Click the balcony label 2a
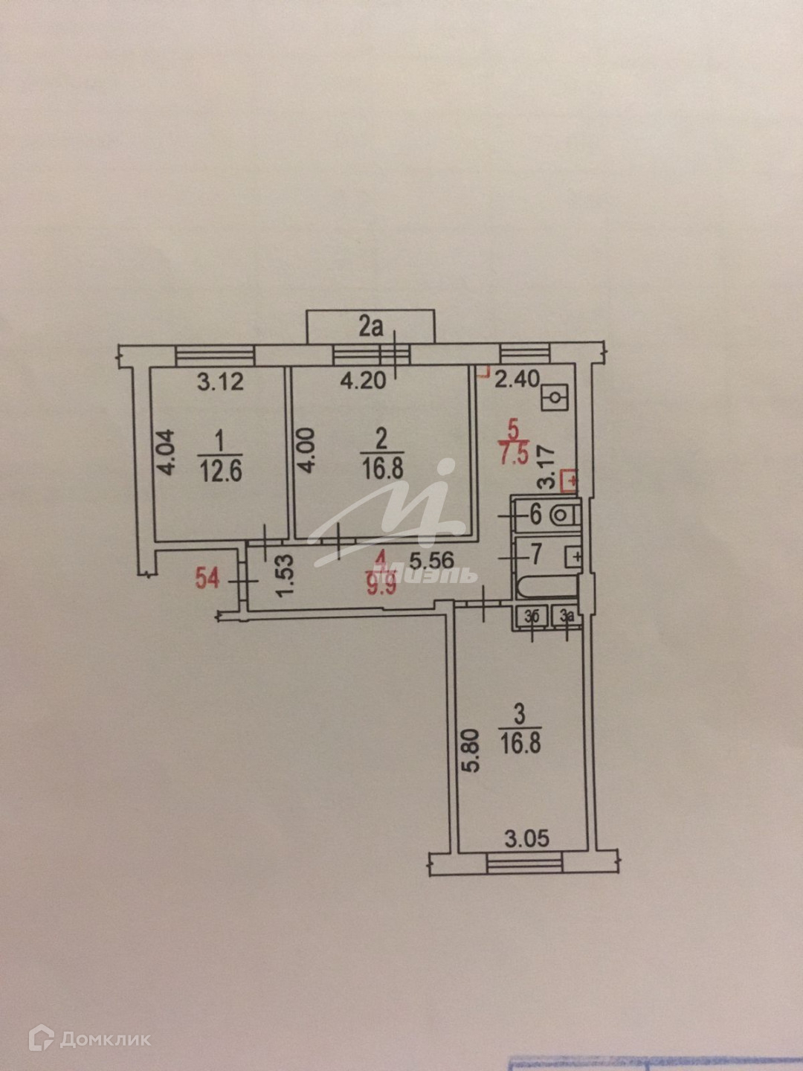tap(370, 327)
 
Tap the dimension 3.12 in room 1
tap(220, 382)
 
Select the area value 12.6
tap(221, 472)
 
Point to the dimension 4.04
tap(167, 452)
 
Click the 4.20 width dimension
tap(363, 381)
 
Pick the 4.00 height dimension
tap(307, 450)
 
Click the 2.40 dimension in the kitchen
tap(517, 379)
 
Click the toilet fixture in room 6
tap(564, 514)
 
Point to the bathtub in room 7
tap(547, 585)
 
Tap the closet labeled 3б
tap(532, 616)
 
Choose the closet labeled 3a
tap(567, 616)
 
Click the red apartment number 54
tap(207, 577)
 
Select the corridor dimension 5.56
tap(432, 559)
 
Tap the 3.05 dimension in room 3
tap(526, 839)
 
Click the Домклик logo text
tap(105, 1039)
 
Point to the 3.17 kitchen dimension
tap(546, 467)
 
